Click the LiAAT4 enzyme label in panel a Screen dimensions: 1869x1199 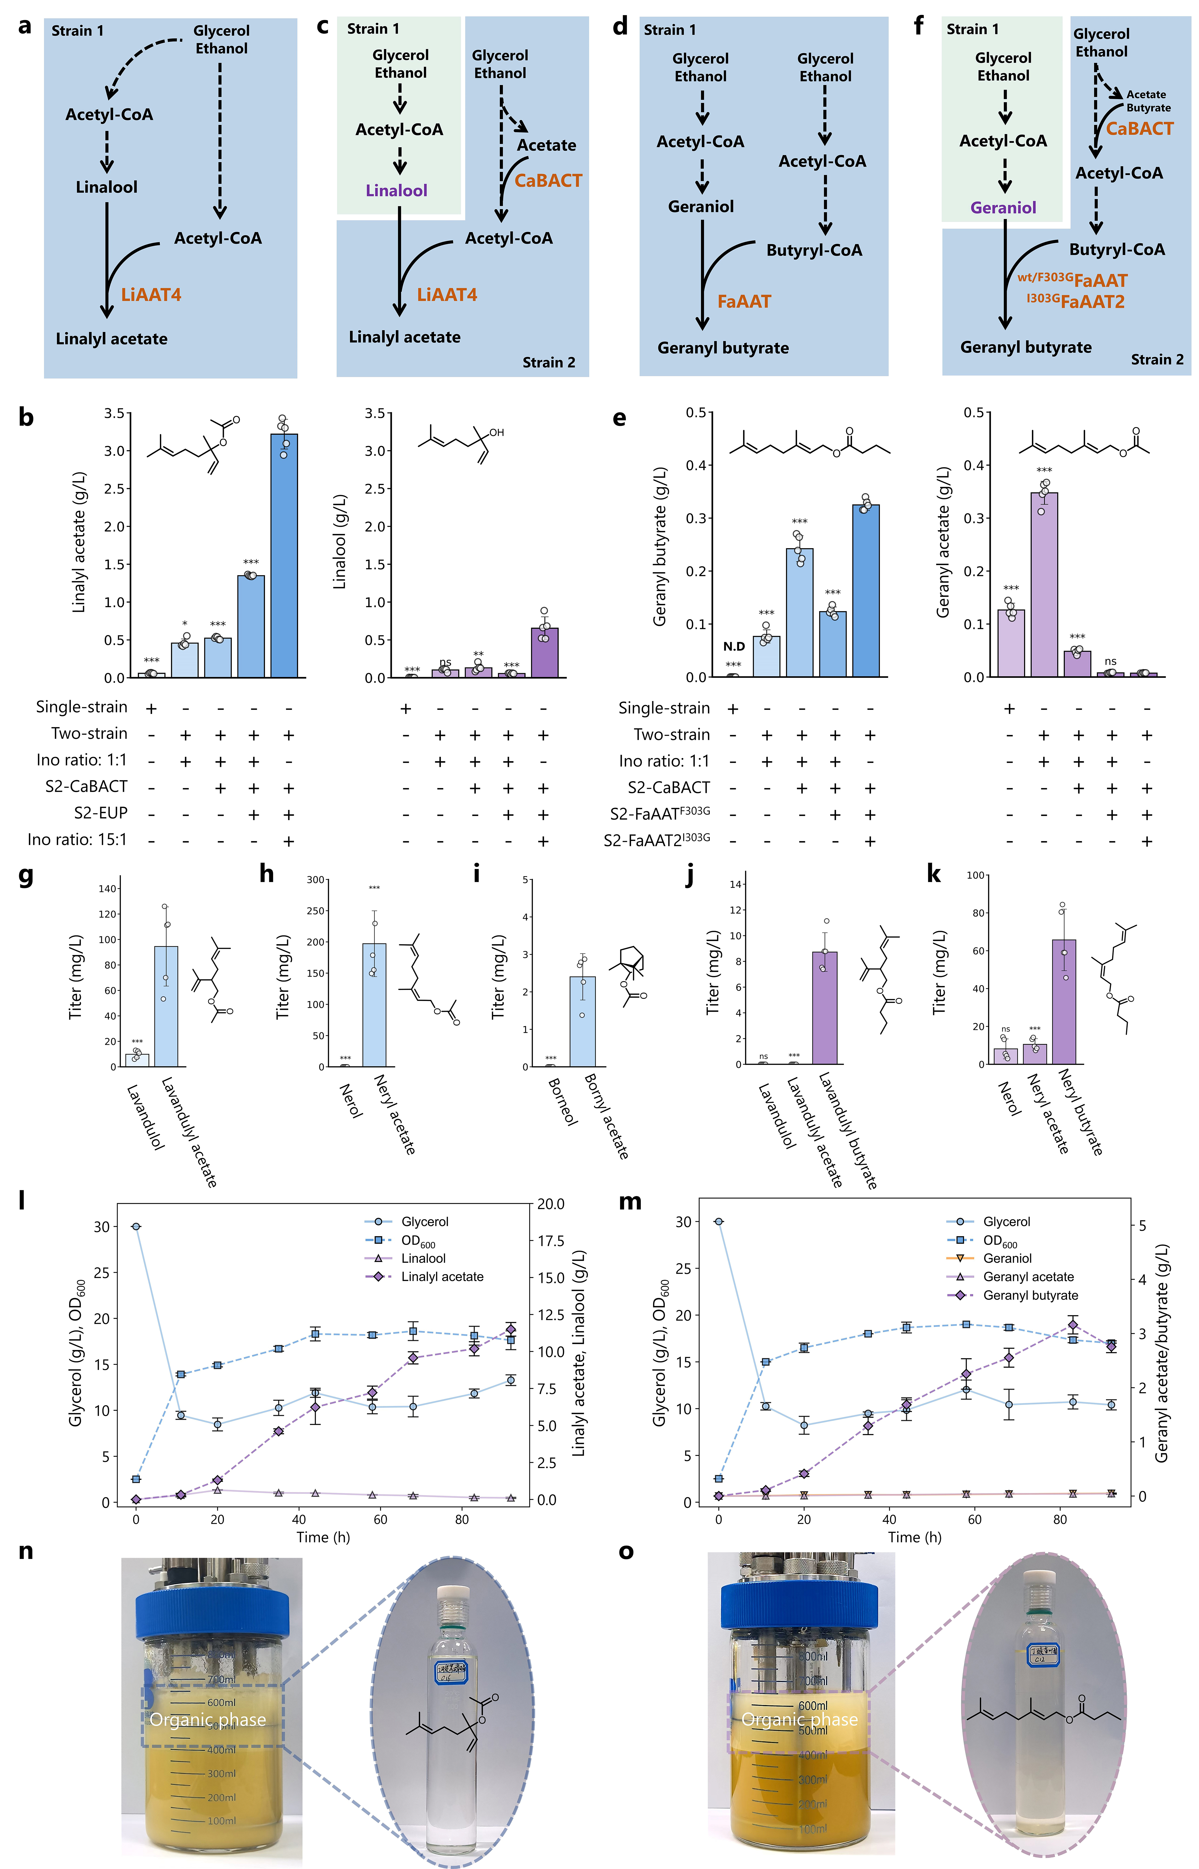[151, 295]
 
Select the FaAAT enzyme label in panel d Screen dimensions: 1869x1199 [744, 302]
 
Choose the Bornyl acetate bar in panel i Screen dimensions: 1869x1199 [582, 1021]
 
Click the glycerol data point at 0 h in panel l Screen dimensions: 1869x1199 [136, 1227]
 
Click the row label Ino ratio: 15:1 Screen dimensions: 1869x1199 [77, 840]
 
